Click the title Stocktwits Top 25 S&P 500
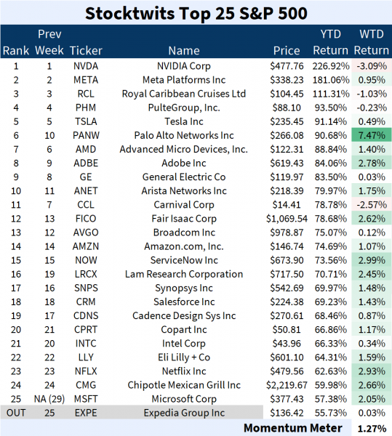(196, 12)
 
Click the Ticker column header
(87, 51)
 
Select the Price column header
(286, 51)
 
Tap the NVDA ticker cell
(84, 65)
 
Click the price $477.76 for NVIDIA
(287, 65)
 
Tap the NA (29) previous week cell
(49, 400)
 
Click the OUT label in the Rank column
(16, 413)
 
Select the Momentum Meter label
(303, 428)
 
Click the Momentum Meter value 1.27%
(372, 428)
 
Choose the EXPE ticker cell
(84, 413)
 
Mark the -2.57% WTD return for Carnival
(372, 205)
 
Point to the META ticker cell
(84, 80)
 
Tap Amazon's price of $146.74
(287, 246)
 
